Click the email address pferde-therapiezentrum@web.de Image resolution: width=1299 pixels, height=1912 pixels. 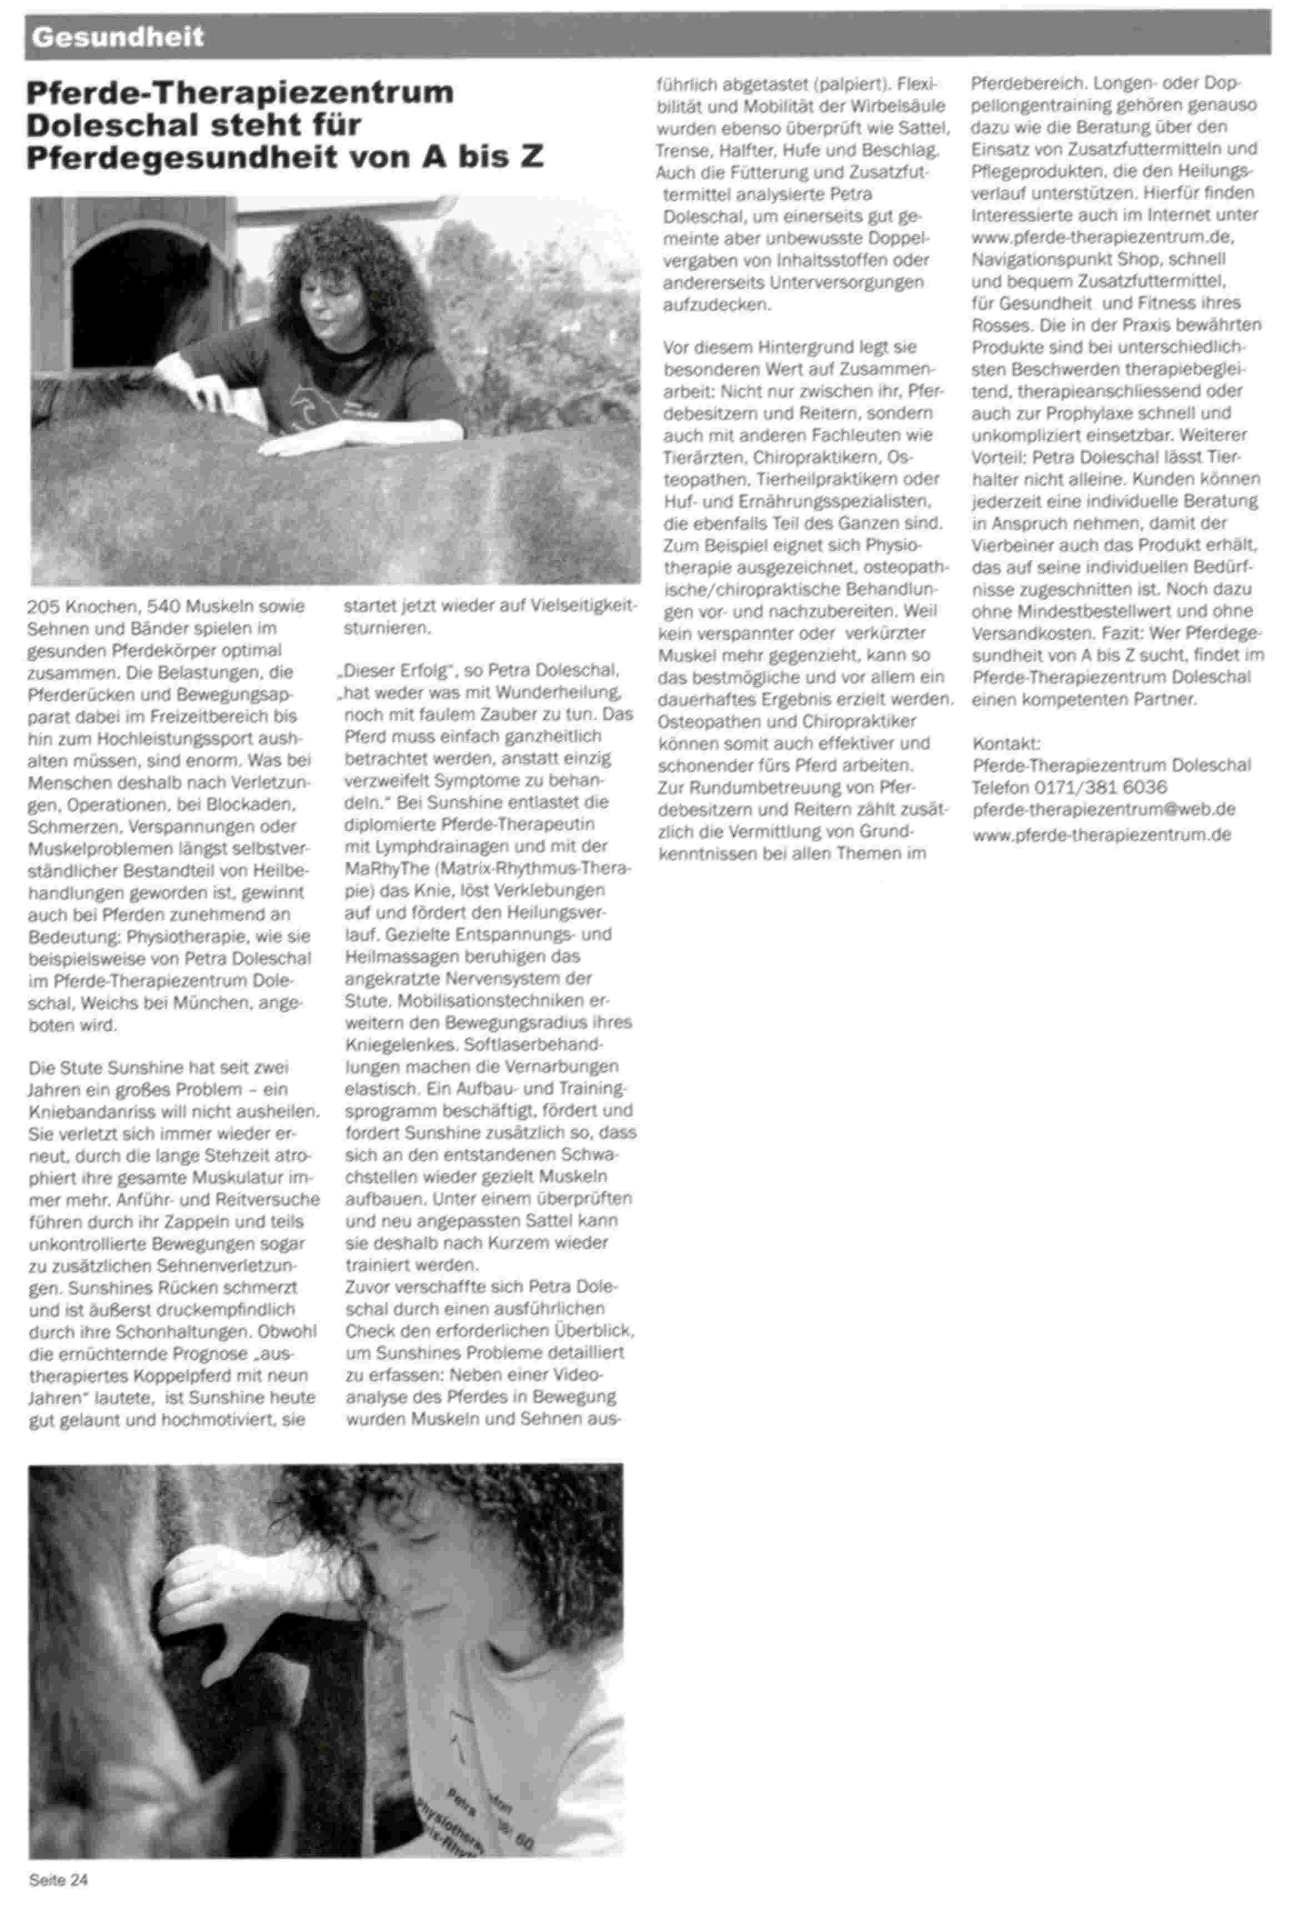click(1103, 809)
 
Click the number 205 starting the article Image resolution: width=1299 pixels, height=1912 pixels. click(42, 607)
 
